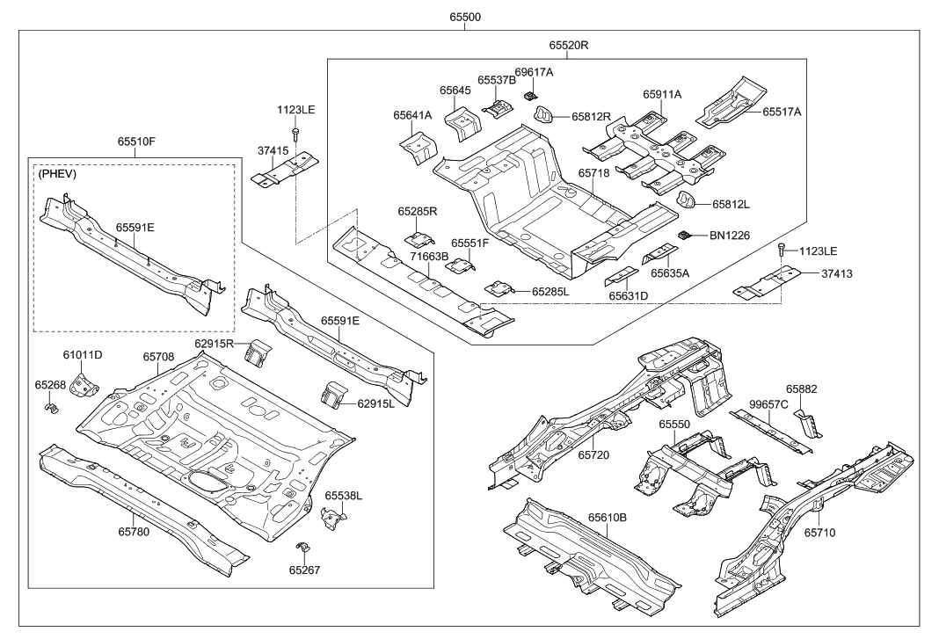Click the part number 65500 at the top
click(x=465, y=17)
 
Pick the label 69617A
click(x=534, y=72)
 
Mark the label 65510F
click(x=136, y=142)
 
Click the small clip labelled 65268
click(x=51, y=407)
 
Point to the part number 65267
click(x=305, y=570)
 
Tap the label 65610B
click(x=608, y=519)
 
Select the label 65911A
click(x=662, y=94)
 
